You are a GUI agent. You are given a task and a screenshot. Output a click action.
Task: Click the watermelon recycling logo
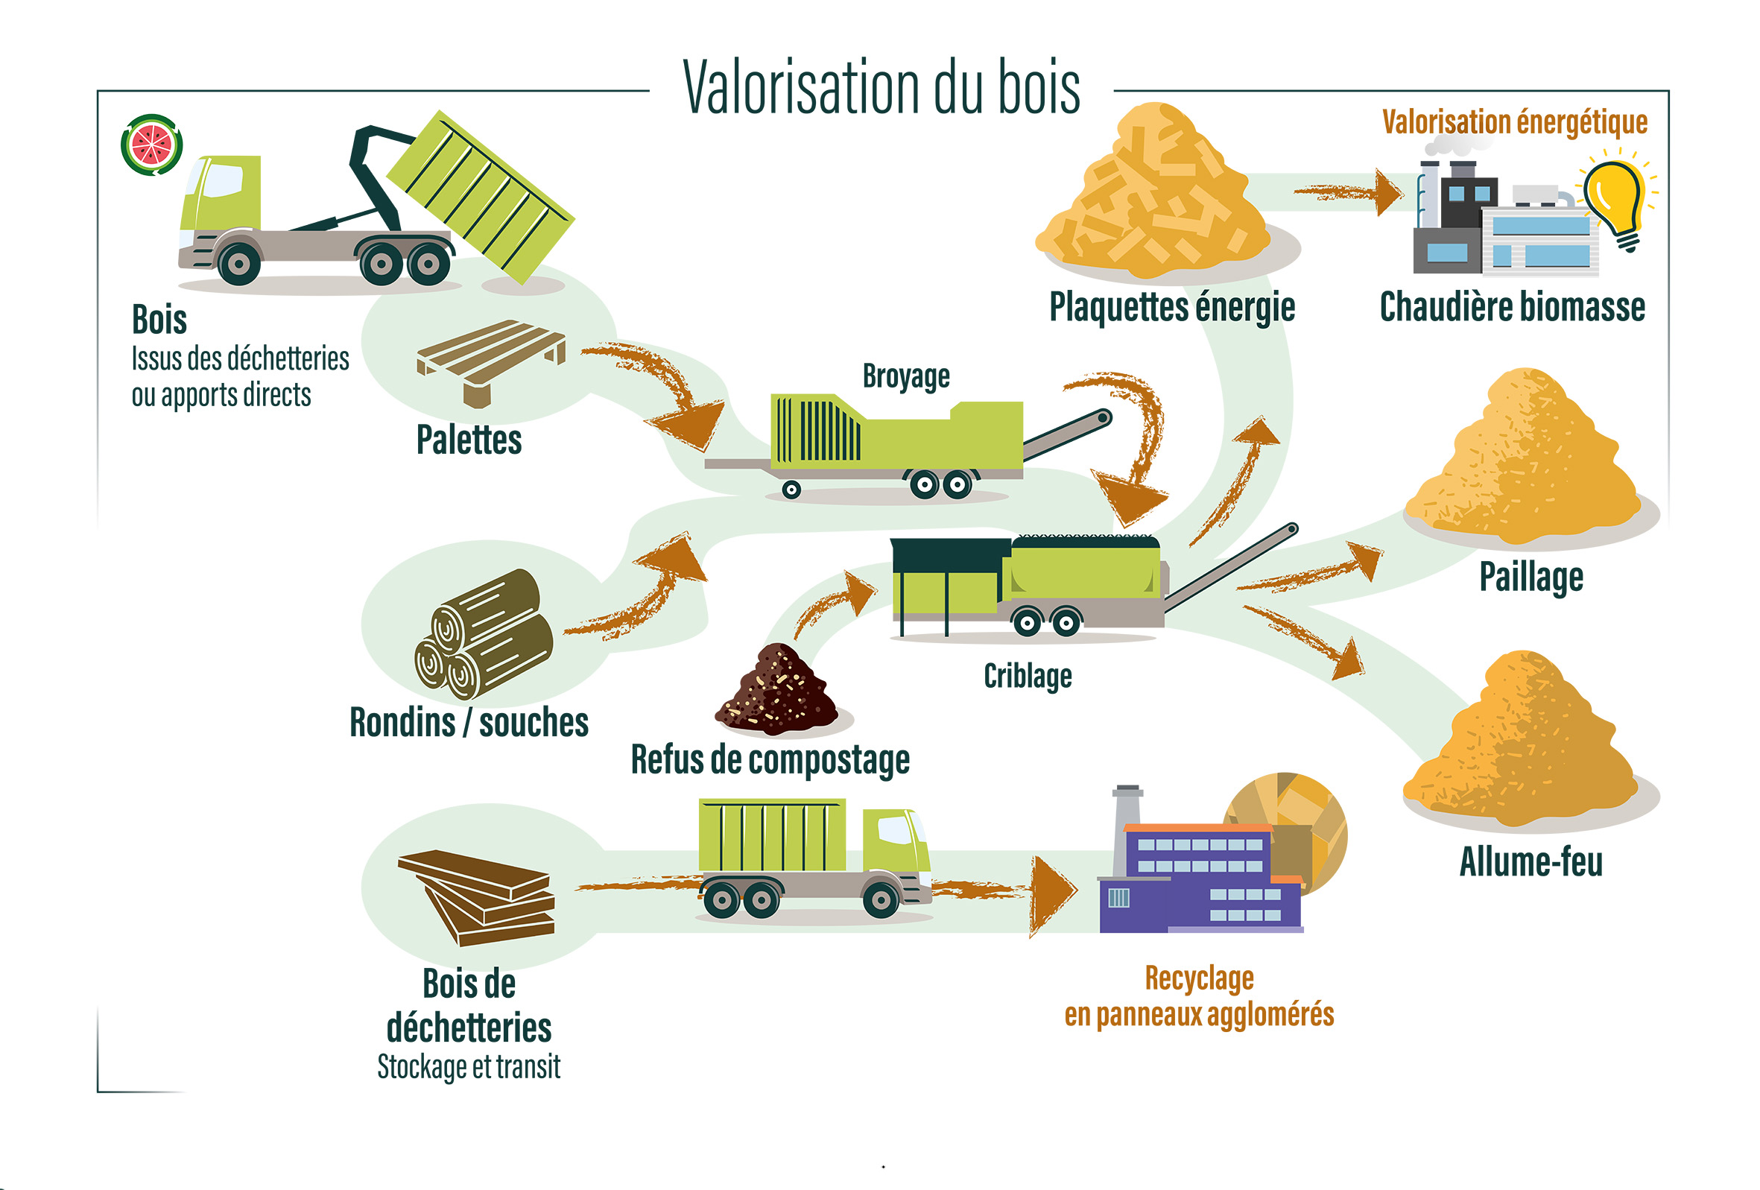click(151, 145)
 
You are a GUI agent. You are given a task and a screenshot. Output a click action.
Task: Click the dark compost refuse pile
click(777, 691)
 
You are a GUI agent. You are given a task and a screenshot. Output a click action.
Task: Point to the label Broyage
click(906, 376)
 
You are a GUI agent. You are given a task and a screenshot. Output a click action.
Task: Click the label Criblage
click(1028, 676)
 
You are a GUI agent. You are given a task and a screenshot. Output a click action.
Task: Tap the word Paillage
click(1531, 577)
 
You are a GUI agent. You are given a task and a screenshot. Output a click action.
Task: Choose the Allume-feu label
click(1530, 862)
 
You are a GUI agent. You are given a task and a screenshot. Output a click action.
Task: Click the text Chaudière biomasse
click(1513, 308)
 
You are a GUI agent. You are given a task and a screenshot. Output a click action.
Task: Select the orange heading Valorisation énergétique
click(1515, 122)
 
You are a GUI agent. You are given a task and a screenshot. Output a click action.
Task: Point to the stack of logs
click(483, 635)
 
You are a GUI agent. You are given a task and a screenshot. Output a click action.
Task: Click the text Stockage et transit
click(469, 1066)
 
